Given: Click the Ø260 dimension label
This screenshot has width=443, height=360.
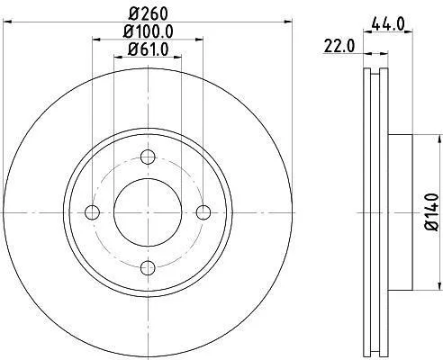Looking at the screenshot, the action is point(148,13).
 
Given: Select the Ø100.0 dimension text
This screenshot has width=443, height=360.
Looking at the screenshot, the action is point(148,31).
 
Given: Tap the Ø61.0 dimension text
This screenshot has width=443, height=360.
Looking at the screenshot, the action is point(148,49).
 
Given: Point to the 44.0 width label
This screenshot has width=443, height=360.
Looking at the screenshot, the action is point(388,23).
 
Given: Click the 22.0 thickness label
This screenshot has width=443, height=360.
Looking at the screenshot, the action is point(339,47).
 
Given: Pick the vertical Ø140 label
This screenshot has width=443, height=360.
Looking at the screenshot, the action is point(432,212).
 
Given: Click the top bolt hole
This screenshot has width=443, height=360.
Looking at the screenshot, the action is point(148,157).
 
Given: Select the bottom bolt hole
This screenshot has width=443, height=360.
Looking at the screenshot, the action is point(148,268).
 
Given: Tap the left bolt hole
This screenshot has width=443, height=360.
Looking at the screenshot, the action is point(92,212).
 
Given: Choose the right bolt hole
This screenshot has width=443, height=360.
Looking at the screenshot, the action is point(203,212).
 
